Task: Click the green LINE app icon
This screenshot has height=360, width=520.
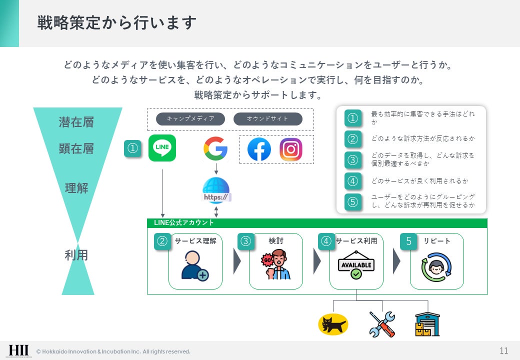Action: tap(162, 148)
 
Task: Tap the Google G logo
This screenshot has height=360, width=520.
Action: tap(215, 148)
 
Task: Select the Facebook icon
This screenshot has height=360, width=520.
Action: tap(259, 149)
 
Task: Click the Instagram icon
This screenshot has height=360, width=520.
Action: tap(291, 149)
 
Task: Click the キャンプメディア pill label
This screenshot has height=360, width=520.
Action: tap(190, 119)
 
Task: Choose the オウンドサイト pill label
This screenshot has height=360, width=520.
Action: tap(268, 119)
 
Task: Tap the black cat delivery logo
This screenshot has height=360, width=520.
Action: tap(333, 324)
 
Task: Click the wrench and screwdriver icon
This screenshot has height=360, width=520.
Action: tap(382, 324)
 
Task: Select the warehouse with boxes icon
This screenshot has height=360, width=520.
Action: tap(427, 324)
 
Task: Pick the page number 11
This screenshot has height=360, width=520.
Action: tap(504, 350)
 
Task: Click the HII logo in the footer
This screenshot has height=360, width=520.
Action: tap(18, 350)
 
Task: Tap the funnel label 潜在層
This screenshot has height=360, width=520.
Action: tap(76, 122)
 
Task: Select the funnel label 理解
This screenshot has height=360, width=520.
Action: tap(76, 188)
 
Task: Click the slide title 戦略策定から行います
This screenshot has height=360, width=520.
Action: tap(116, 23)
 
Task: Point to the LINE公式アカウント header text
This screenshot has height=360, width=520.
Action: tap(184, 223)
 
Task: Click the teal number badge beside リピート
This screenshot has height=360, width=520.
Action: tap(408, 241)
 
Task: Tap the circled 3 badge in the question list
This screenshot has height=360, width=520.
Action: tap(353, 159)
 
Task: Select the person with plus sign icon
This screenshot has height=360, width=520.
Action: tap(194, 266)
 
